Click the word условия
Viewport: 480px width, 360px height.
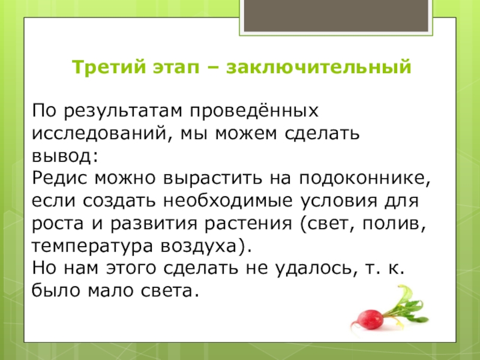pyautogui.click(x=347, y=201)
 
